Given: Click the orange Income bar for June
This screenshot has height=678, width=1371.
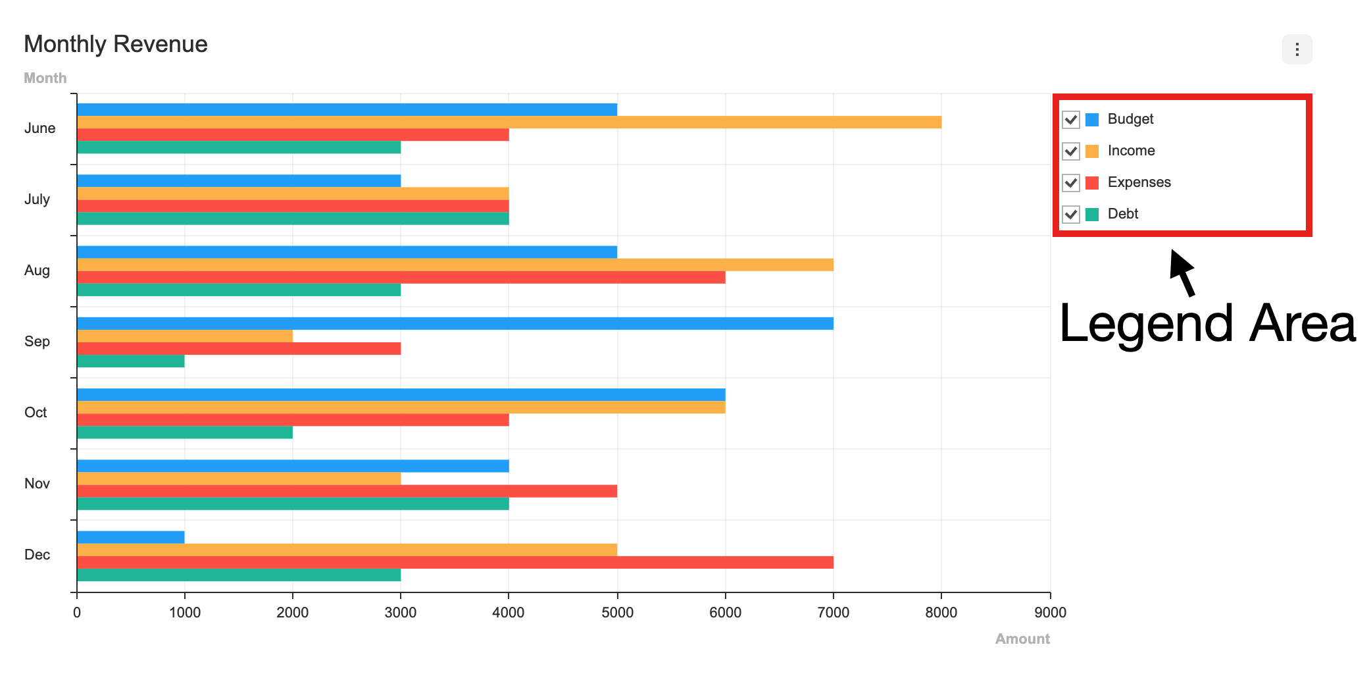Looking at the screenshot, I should pos(509,122).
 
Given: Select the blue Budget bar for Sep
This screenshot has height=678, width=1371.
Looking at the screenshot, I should pos(455,323).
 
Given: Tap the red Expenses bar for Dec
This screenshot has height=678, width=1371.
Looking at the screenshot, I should pos(455,562).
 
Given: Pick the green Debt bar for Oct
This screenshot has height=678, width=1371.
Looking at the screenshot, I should pos(185,432).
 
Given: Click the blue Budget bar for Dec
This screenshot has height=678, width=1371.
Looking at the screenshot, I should pos(131,537).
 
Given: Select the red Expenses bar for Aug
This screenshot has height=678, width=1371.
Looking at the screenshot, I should pos(401,277).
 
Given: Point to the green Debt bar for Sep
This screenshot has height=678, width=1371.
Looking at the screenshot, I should pos(131,361).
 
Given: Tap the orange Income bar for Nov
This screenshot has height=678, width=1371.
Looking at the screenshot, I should pos(239,479).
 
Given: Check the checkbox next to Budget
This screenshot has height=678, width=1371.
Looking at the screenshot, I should pos(1071,120).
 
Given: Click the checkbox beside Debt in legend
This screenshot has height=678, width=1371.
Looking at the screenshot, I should pos(1071,215).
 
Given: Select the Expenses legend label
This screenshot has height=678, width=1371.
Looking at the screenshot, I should pos(1139,182).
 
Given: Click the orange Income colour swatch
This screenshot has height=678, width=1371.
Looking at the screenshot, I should pos(1092,151).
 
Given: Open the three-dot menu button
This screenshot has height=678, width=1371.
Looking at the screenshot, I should pos(1297,49).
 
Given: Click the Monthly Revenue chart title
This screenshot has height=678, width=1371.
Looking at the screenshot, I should pos(116,44).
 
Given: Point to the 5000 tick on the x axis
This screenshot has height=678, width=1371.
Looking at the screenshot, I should pos(617,612).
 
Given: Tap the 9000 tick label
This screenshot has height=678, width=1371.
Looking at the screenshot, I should pos(1050,612).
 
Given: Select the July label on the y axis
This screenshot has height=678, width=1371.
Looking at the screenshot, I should pos(37,199).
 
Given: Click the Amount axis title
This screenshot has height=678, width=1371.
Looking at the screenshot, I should pos(1022,639).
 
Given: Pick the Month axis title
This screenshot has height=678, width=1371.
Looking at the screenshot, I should pos(45,78).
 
